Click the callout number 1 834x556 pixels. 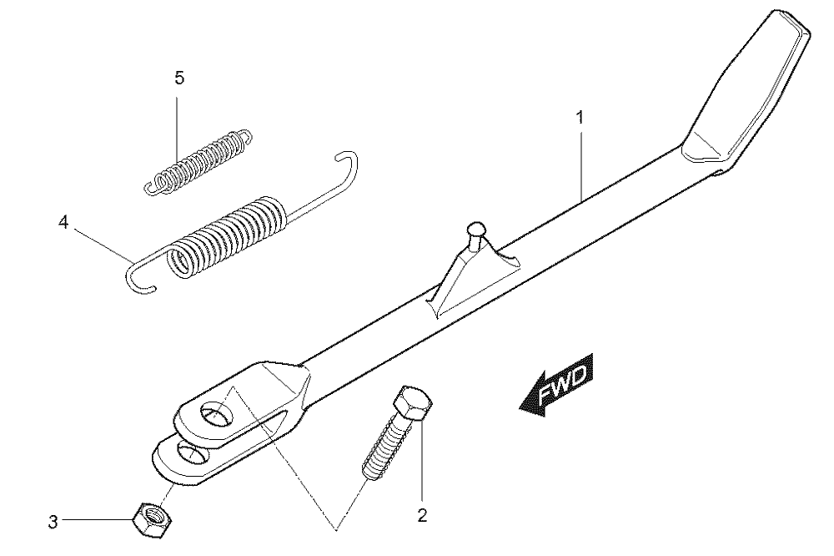click(x=580, y=117)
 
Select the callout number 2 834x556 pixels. click(x=422, y=516)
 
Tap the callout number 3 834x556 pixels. click(x=53, y=522)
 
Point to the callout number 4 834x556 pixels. click(x=63, y=221)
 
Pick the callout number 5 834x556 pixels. click(x=179, y=78)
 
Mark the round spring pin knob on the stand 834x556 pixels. click(x=475, y=231)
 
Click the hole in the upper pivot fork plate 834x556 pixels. click(x=217, y=412)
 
